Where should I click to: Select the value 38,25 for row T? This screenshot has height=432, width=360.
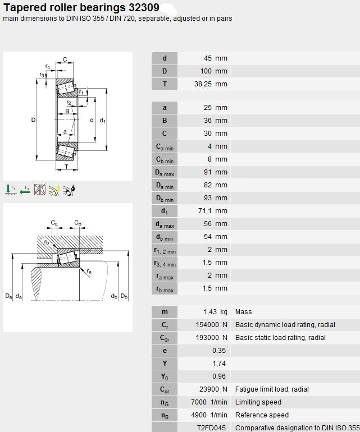[x=203, y=84]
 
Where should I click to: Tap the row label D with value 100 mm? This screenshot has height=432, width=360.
[x=165, y=71]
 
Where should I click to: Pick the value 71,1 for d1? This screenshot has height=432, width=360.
[x=204, y=211]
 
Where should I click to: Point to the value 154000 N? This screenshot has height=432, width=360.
[x=212, y=325]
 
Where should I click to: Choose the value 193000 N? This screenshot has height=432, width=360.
[x=212, y=338]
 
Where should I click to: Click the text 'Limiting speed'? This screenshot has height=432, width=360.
[x=258, y=402]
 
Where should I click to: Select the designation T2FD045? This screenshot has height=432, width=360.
[x=211, y=428]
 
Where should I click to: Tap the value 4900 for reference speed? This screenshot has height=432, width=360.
[x=199, y=415]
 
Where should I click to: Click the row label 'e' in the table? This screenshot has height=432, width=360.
[x=165, y=351]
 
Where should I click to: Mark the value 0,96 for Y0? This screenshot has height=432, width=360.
[x=219, y=376]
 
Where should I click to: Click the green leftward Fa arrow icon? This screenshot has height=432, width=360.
[x=25, y=190]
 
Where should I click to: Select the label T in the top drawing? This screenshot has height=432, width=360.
[x=66, y=167]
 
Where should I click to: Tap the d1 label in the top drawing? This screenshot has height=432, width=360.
[x=103, y=121]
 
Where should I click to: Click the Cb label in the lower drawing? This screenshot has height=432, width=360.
[x=78, y=223]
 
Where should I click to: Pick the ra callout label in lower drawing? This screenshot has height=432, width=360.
[x=89, y=272]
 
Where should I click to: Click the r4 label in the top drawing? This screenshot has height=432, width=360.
[x=48, y=66]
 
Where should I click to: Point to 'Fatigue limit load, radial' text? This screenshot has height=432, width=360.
[x=272, y=389]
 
